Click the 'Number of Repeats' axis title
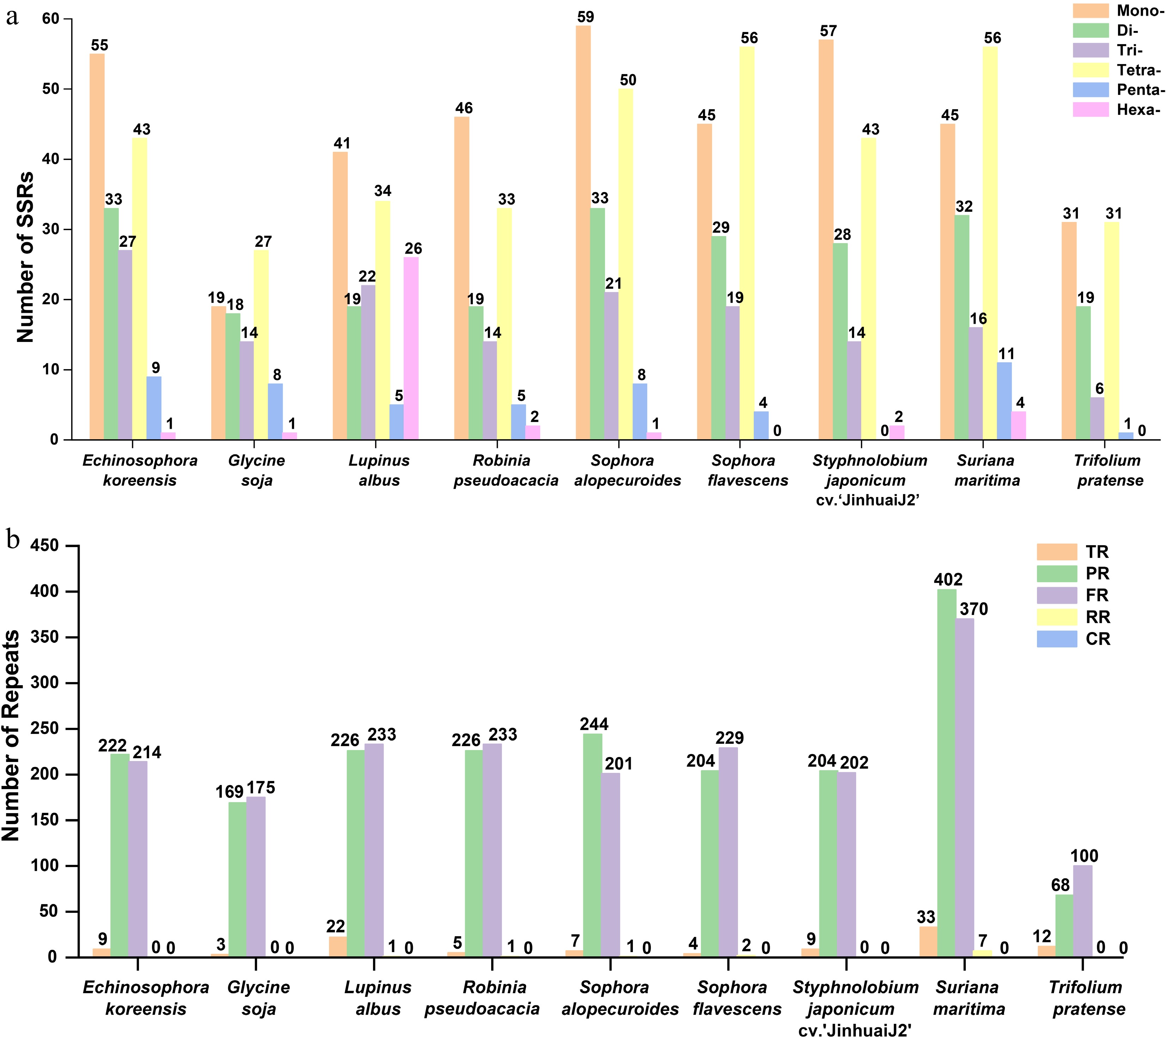(11, 736)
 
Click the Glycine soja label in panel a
(257, 470)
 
